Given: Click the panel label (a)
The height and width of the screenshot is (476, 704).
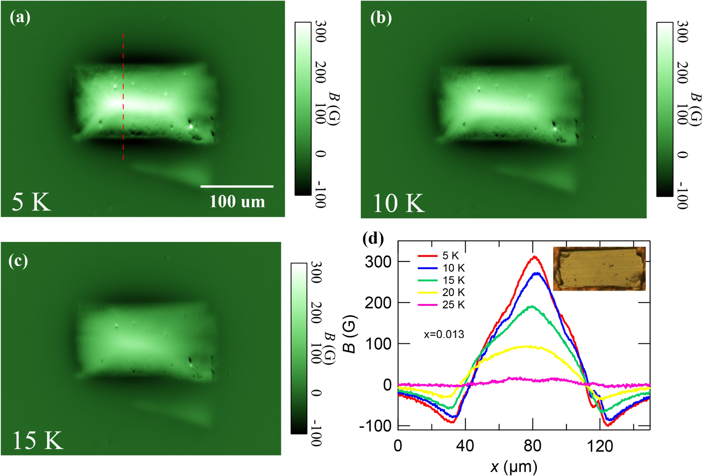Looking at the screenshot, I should coord(20,17).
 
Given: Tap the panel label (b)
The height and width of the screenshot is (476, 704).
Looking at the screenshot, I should coord(381,18).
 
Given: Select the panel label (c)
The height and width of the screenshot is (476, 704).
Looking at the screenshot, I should coord(19,261).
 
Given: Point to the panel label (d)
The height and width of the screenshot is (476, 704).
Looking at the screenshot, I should coord(373,238).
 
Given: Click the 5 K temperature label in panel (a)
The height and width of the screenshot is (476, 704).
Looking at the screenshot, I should coord(31,202).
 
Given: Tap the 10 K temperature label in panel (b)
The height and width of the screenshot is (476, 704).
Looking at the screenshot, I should coord(398,203).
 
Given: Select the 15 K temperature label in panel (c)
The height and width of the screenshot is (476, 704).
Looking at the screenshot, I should coord(37,440).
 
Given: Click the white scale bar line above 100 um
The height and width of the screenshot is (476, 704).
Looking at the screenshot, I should coord(237,186).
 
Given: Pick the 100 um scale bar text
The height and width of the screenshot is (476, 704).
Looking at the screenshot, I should coord(237,201).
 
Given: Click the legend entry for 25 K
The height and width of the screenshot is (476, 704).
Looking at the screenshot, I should coord(441,305).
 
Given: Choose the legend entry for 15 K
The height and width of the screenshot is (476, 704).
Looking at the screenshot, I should coord(441,280).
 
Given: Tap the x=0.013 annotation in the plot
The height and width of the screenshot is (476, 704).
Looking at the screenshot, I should coord(444,334).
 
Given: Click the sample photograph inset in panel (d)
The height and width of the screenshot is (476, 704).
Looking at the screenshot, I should coord(599,269).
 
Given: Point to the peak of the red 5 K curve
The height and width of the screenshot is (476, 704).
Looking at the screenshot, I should coord(534,257).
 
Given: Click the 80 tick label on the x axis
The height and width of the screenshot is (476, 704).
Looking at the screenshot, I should coord(533,446).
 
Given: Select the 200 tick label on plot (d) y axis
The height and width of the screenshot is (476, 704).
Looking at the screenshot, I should coord(378,303).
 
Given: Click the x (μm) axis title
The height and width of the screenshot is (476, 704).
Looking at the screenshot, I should coord(514,467).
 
